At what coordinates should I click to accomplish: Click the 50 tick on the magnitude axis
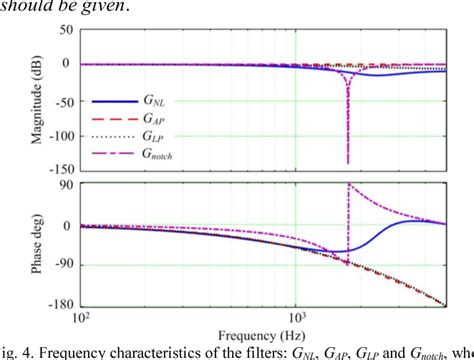click(65, 30)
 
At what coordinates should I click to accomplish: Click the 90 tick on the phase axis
click(65, 185)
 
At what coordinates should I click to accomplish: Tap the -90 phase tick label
click(62, 265)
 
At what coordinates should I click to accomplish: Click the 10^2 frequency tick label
click(81, 319)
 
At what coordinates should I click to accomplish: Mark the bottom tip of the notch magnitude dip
click(347, 163)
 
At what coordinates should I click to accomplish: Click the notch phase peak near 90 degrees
click(348, 186)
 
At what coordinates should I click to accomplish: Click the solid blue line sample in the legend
click(113, 102)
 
